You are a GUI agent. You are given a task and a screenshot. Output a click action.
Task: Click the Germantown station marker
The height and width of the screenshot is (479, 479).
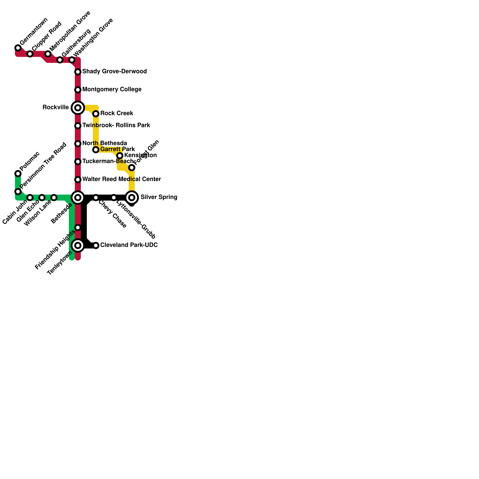click(x=18, y=48)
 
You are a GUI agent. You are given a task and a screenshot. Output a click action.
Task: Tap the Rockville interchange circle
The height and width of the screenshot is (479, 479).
click(x=78, y=108)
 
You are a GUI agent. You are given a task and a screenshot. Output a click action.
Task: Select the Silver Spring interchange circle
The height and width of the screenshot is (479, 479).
click(x=132, y=198)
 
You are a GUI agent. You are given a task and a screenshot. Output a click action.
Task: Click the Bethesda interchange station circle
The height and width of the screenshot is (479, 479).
click(x=78, y=198)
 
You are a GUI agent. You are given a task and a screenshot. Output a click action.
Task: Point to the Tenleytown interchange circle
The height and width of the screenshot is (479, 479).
click(x=78, y=245)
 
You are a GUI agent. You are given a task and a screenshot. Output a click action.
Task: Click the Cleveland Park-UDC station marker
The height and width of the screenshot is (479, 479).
click(x=96, y=245)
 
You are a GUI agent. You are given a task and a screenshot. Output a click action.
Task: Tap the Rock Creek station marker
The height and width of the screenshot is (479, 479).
click(x=96, y=114)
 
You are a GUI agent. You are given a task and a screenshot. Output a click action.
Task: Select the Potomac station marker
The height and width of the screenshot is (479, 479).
click(x=18, y=174)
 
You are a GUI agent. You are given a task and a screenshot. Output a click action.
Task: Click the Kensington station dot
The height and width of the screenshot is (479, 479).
click(x=120, y=156)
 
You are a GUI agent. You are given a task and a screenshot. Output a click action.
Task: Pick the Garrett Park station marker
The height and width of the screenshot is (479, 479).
click(x=96, y=150)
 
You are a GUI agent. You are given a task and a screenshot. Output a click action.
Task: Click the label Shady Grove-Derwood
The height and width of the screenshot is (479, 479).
click(x=114, y=72)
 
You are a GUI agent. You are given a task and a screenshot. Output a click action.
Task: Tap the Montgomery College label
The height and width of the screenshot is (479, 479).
click(x=112, y=90)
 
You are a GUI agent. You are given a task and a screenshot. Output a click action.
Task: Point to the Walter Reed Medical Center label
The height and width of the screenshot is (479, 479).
click(x=122, y=179)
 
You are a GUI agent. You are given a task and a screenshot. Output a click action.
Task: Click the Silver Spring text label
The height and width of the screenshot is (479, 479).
click(x=159, y=197)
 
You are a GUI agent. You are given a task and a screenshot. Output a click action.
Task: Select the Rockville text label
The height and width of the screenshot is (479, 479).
click(x=56, y=107)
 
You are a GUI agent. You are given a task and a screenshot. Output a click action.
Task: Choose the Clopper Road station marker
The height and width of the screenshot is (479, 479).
click(x=30, y=54)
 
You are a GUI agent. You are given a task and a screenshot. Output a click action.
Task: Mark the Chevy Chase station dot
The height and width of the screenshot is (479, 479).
click(x=96, y=198)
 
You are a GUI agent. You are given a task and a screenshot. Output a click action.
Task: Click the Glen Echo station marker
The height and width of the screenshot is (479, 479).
click(x=42, y=198)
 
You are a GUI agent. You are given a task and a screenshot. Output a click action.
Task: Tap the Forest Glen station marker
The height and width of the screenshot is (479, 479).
click(x=132, y=168)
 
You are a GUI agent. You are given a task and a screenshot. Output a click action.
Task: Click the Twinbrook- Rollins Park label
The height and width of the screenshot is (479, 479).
click(x=116, y=125)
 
